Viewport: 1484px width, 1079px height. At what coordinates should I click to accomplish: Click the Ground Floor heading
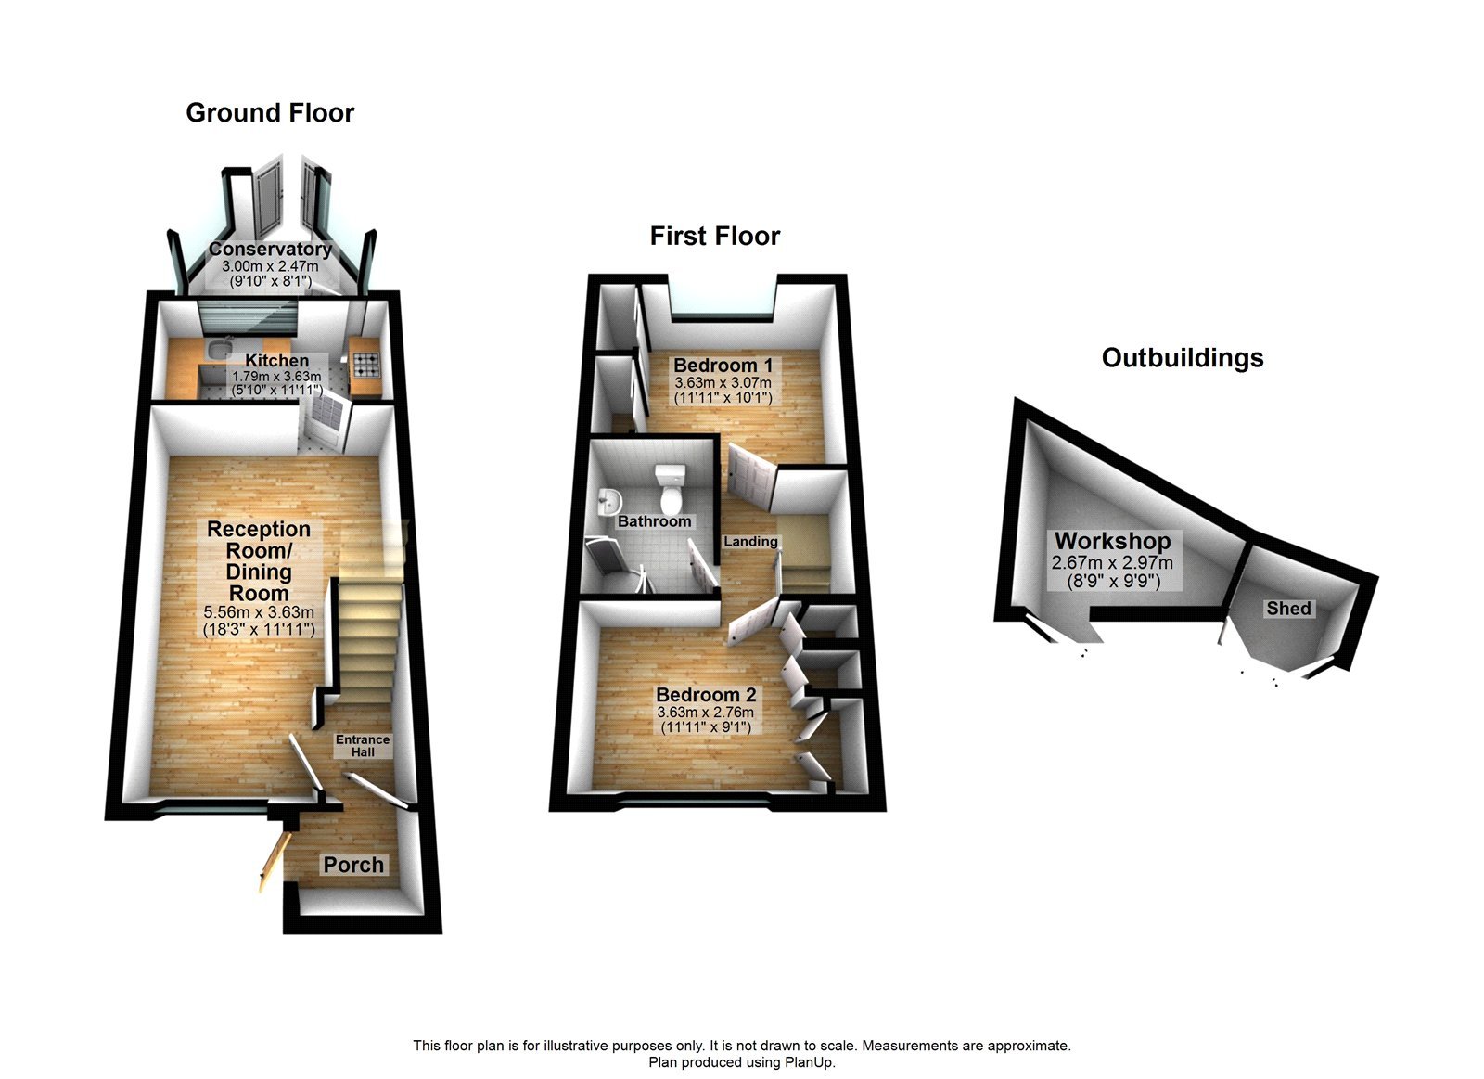point(270,113)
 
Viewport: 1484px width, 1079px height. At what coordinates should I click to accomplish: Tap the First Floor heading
point(714,237)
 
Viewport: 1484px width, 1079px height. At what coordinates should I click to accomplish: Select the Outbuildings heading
point(1182,358)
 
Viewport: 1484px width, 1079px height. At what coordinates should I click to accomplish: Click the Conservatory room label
point(270,249)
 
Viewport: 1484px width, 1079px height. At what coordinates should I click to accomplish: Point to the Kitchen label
point(276,360)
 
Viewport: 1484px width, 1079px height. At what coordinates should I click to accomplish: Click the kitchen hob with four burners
point(365,364)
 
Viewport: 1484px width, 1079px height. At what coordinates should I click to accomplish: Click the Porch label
point(353,865)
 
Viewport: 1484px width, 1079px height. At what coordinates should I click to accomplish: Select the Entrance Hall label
point(363,745)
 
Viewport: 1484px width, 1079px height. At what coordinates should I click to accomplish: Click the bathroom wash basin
point(608,502)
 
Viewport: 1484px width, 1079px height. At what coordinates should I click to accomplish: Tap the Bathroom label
point(654,521)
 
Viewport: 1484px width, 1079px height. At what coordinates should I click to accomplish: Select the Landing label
point(750,541)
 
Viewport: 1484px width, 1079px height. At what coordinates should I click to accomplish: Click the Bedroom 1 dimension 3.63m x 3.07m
point(723,382)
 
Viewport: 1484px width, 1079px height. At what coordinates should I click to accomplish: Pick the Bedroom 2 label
point(706,695)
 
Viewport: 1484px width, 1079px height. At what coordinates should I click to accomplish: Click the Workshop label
point(1112,541)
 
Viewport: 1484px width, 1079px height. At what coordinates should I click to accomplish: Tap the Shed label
point(1288,609)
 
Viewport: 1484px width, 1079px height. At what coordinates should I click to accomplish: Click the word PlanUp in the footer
point(811,1062)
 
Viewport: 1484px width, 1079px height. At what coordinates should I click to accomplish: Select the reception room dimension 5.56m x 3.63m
point(259,612)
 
